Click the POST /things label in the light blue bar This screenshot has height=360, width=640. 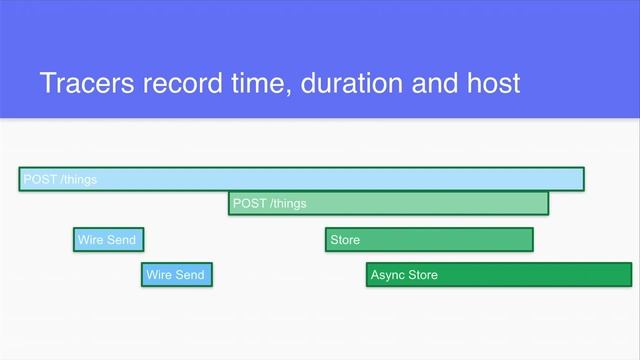60,180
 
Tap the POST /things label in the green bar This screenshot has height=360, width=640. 269,204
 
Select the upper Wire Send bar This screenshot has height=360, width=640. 106,240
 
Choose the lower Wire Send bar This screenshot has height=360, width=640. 176,275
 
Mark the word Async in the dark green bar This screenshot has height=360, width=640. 387,275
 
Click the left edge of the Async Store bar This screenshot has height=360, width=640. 368,275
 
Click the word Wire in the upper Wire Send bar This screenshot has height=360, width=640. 91,240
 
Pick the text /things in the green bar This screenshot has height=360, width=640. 286,204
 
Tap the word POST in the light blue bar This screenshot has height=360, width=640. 40,180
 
